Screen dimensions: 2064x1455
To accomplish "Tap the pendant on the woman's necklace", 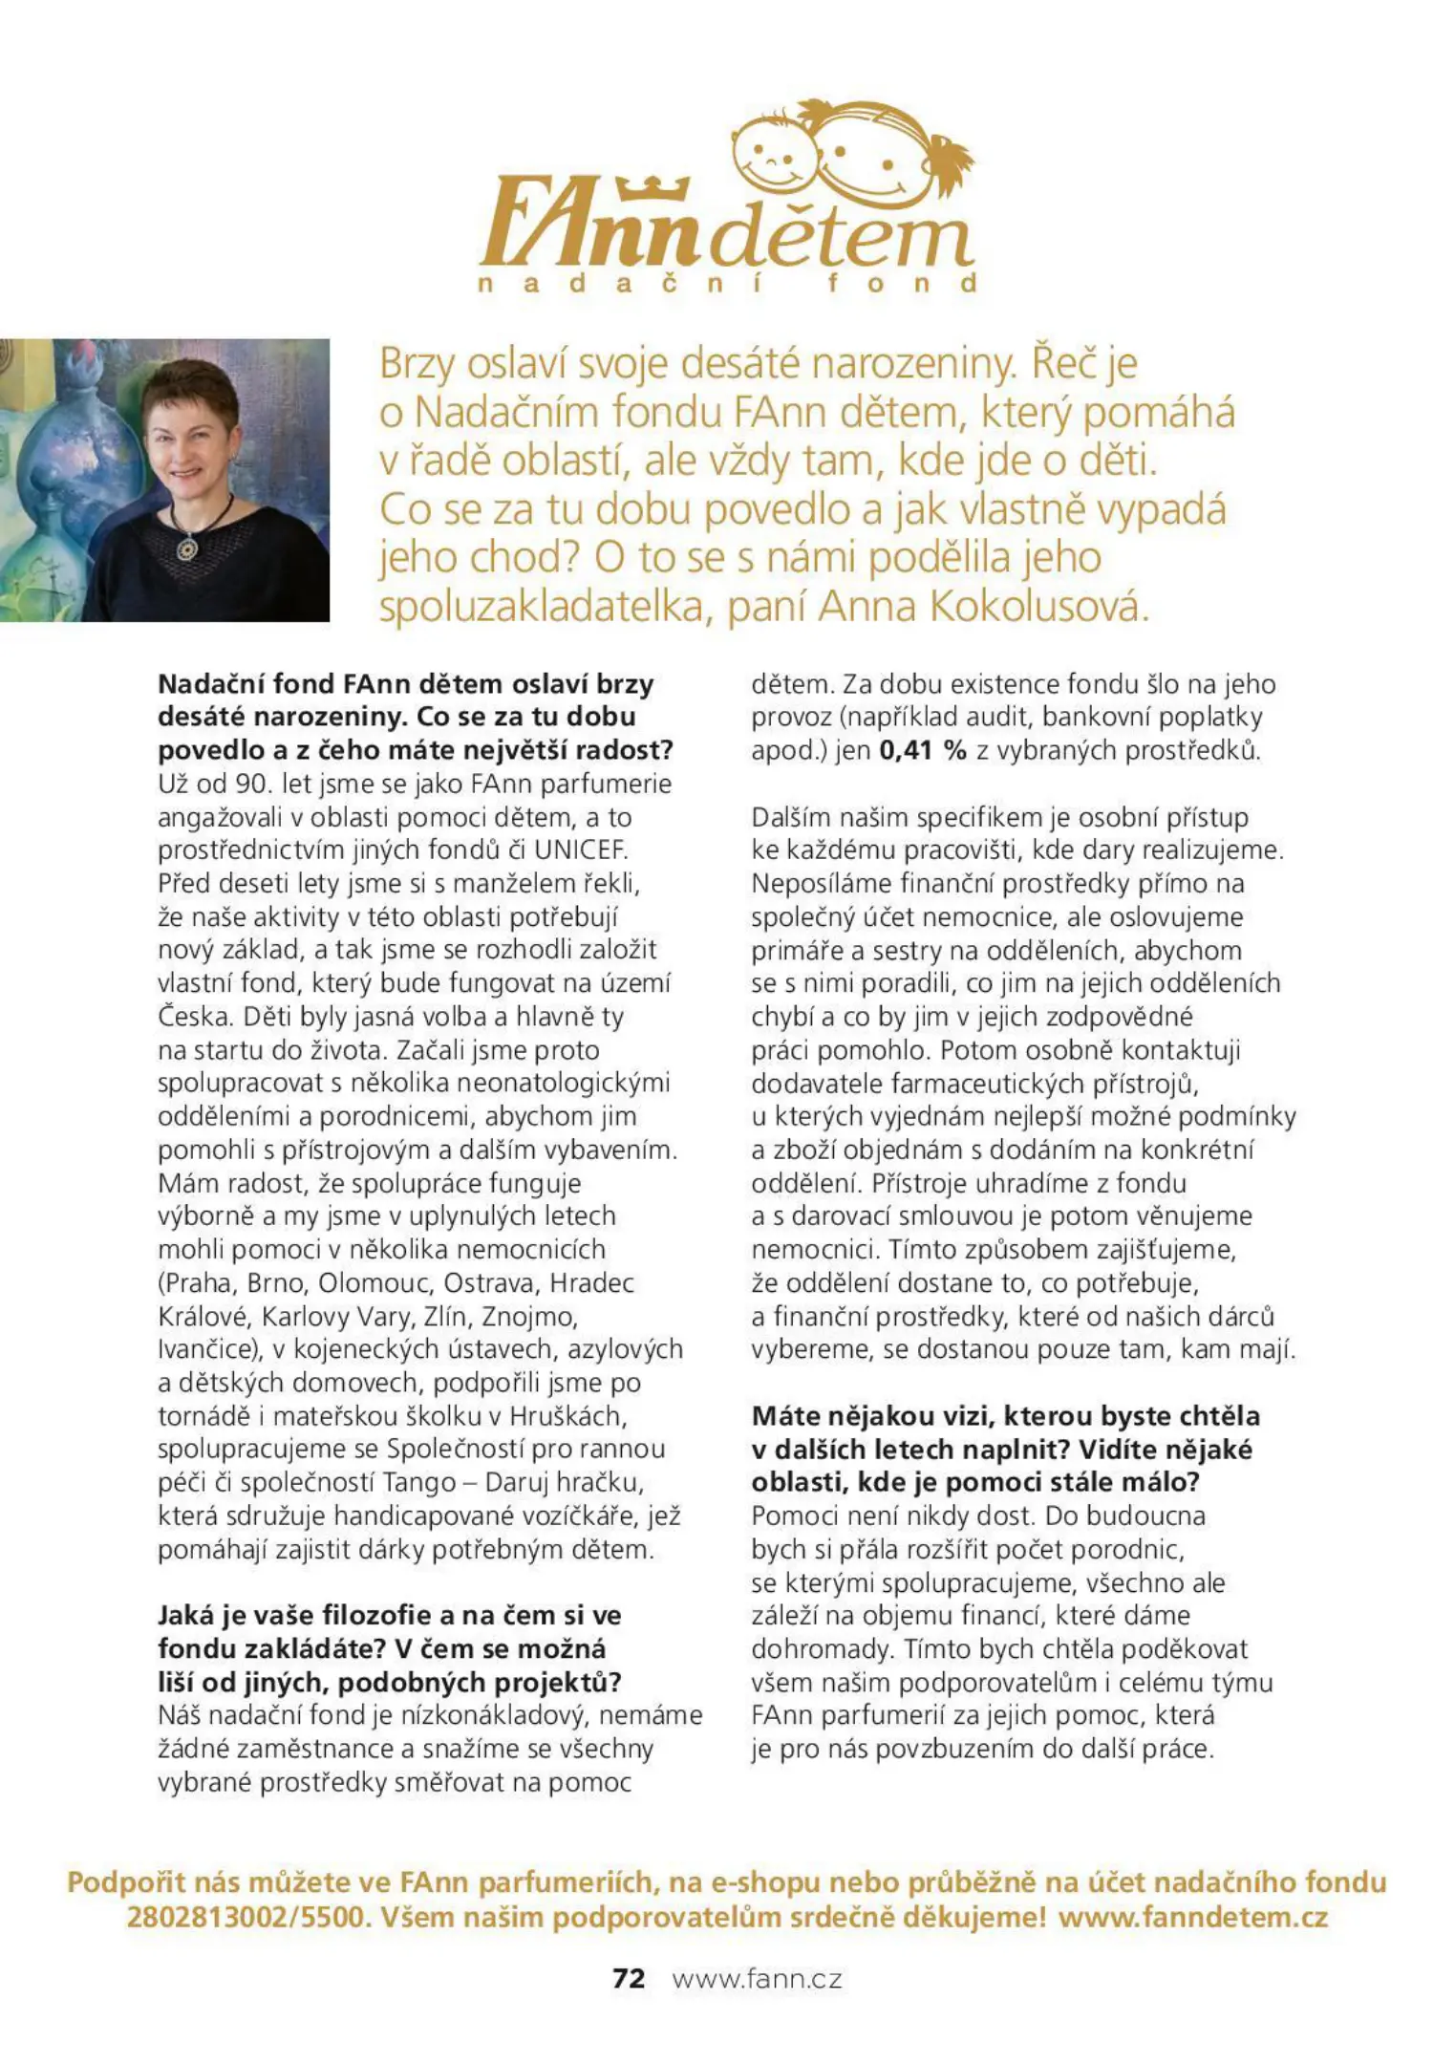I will click(187, 548).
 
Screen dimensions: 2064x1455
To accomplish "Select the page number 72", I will click(629, 1978).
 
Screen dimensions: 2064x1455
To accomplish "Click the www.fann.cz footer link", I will click(757, 1979).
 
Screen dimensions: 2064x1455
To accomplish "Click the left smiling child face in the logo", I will click(772, 153).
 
